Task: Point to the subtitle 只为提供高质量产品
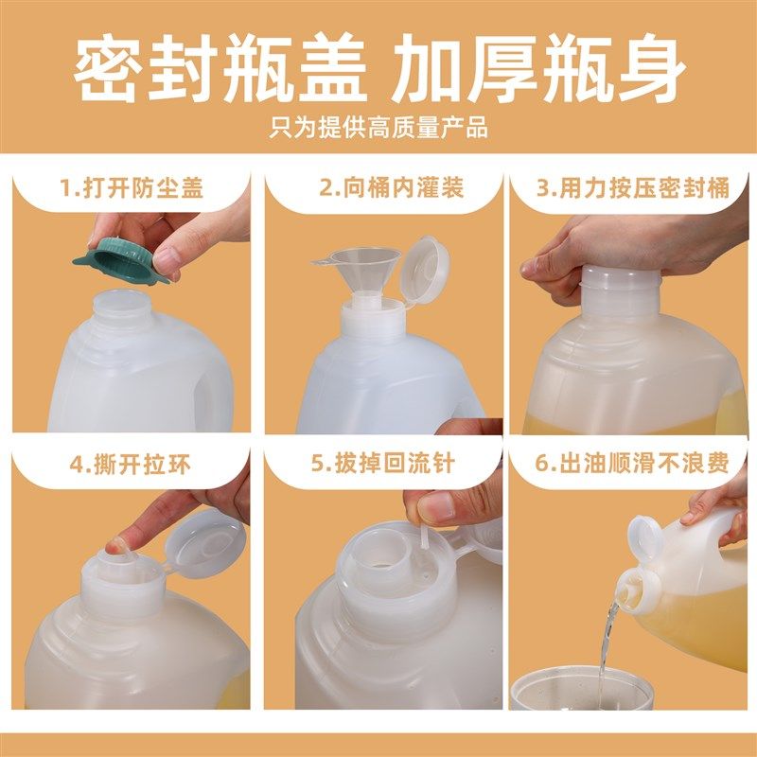(378, 127)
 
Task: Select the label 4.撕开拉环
(132, 464)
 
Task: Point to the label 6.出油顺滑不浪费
(633, 464)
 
